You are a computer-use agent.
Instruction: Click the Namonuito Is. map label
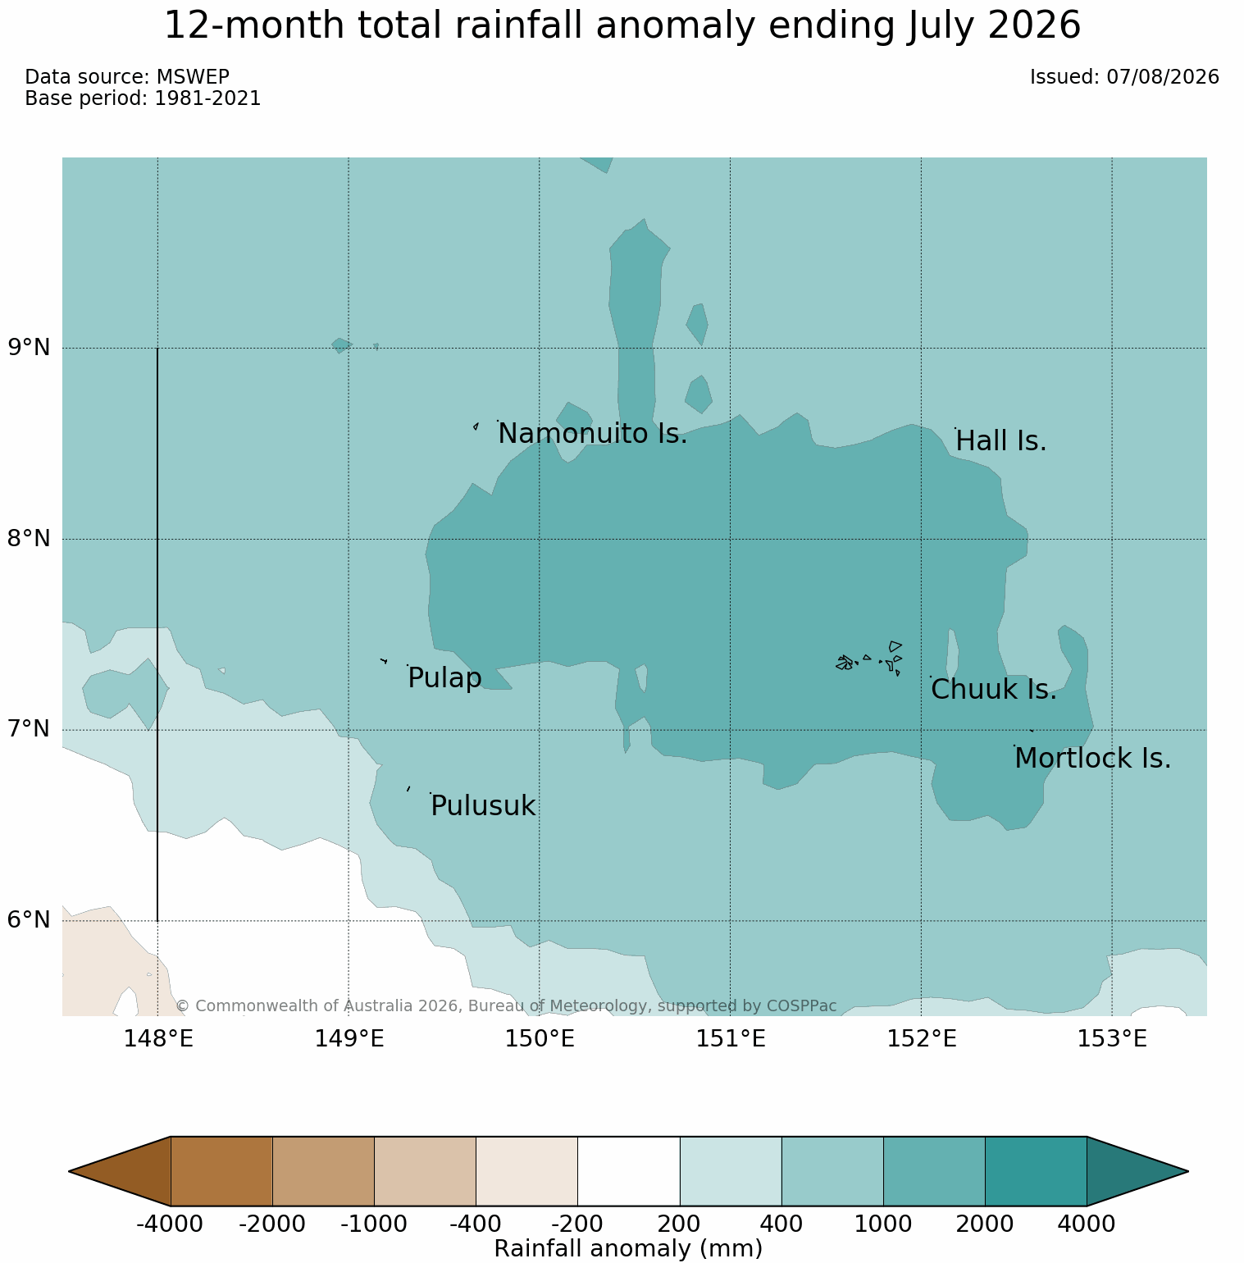[593, 433]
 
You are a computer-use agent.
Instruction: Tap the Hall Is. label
[1001, 441]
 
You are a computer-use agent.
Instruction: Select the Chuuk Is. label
[994, 690]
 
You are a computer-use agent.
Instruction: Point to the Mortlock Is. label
[1092, 759]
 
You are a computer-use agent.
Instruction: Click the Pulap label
[444, 678]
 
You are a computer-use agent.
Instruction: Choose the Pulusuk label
[483, 806]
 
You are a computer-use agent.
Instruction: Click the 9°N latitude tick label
[30, 348]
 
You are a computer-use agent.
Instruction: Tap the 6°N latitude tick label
[30, 920]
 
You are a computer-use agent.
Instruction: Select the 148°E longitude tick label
[158, 1039]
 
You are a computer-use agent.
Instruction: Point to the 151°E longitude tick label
[731, 1039]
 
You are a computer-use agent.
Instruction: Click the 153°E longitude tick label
[1112, 1039]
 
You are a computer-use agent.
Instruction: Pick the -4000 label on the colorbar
[170, 1224]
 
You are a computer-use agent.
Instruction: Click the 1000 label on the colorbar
[883, 1224]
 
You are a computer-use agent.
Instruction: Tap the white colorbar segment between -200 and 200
[629, 1171]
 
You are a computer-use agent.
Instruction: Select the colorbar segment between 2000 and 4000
[1036, 1171]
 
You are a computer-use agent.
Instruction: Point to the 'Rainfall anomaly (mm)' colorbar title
[629, 1248]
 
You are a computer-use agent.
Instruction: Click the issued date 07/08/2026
[1163, 77]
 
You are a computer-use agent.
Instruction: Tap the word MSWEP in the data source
[193, 77]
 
